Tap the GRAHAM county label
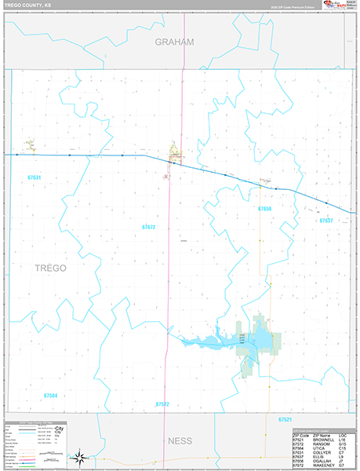point(173,42)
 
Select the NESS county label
point(180,441)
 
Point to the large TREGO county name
point(51,268)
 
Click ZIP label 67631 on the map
point(33,178)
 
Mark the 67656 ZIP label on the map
point(264,209)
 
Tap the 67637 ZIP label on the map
point(326,221)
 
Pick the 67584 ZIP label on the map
point(51,396)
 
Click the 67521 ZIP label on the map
point(285,421)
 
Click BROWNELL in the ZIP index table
point(322,439)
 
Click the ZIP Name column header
point(322,434)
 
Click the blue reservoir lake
point(212,341)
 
